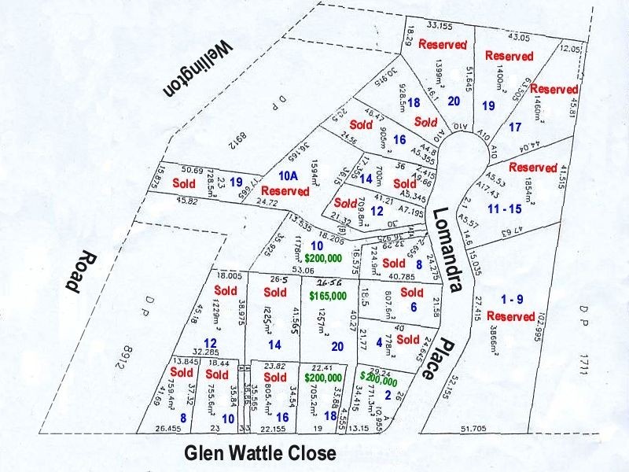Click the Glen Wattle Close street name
click(259, 454)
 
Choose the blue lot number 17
click(516, 127)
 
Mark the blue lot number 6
click(414, 307)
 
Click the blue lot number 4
click(380, 342)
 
